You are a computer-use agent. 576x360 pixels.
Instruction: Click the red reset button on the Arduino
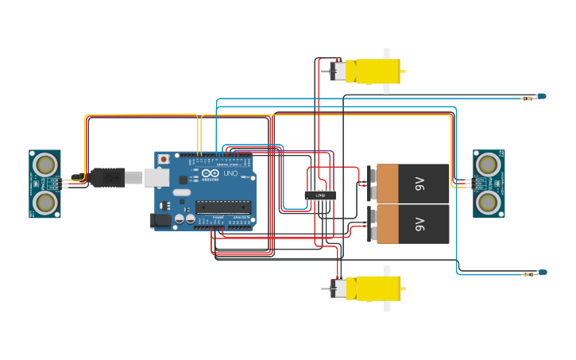(x=164, y=159)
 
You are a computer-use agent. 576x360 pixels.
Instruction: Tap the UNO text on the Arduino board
(x=230, y=173)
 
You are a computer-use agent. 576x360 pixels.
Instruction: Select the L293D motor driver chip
(x=320, y=195)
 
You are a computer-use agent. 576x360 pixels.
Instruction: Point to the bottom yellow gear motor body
(x=373, y=288)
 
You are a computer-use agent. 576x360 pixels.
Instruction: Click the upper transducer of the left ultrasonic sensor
(x=45, y=165)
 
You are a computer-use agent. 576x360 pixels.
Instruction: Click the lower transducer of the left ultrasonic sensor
(x=45, y=203)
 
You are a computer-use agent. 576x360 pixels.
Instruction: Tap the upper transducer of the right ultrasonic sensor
(x=489, y=165)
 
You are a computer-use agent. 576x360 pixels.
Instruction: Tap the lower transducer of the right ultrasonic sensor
(x=489, y=203)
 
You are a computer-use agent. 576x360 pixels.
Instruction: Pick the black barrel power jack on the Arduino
(x=161, y=220)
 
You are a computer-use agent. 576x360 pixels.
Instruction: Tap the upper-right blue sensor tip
(x=542, y=96)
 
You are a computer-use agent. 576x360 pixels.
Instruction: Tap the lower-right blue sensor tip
(x=543, y=273)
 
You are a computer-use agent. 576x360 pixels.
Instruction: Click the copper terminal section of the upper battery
(x=388, y=184)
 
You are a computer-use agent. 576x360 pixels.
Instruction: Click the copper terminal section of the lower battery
(x=388, y=224)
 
